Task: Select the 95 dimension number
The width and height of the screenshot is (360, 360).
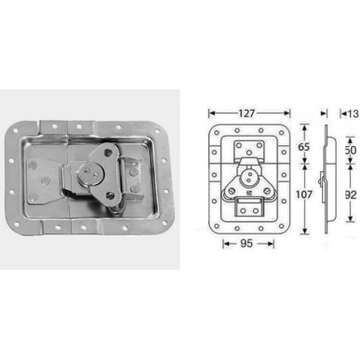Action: (246, 246)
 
